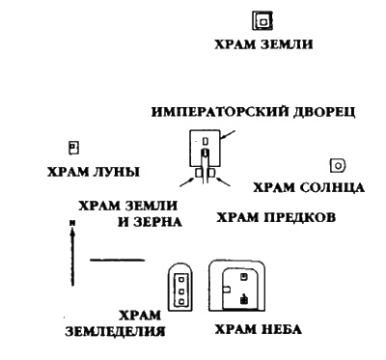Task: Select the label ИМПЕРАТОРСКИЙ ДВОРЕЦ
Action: (x=254, y=112)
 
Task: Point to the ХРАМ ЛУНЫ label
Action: (x=93, y=172)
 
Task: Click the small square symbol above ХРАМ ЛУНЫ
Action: (x=72, y=147)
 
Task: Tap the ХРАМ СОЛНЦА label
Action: (x=308, y=185)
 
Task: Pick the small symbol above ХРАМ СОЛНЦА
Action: (x=338, y=166)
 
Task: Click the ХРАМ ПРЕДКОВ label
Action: (x=275, y=217)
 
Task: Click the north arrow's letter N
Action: (x=71, y=223)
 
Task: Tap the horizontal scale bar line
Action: (x=117, y=260)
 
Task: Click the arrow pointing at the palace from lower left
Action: (x=186, y=180)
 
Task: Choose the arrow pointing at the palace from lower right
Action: (x=222, y=180)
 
